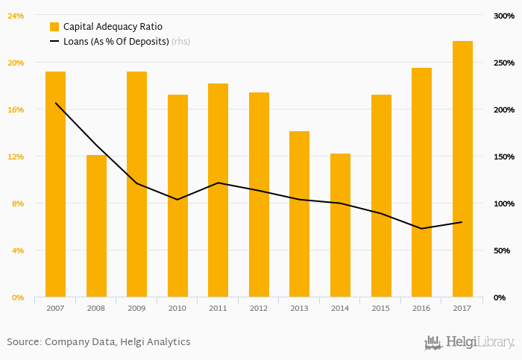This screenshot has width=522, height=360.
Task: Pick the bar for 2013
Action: pyautogui.click(x=299, y=214)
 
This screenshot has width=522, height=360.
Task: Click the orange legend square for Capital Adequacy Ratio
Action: pyautogui.click(x=54, y=27)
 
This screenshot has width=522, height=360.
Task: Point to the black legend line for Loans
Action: pyautogui.click(x=54, y=42)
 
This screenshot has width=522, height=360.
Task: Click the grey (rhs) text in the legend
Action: pyautogui.click(x=180, y=42)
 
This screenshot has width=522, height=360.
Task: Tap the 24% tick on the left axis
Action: pyautogui.click(x=16, y=16)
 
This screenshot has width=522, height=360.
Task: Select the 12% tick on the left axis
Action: pyautogui.click(x=16, y=157)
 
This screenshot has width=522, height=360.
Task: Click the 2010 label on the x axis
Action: pyautogui.click(x=177, y=308)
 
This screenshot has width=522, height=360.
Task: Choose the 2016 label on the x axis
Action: pyautogui.click(x=421, y=308)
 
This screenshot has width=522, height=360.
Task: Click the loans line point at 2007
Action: pyautogui.click(x=56, y=103)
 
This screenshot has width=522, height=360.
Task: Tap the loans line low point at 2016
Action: pyautogui.click(x=421, y=228)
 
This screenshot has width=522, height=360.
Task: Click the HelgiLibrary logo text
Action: pyautogui.click(x=479, y=343)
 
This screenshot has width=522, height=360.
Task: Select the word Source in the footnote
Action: pyautogui.click(x=23, y=342)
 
